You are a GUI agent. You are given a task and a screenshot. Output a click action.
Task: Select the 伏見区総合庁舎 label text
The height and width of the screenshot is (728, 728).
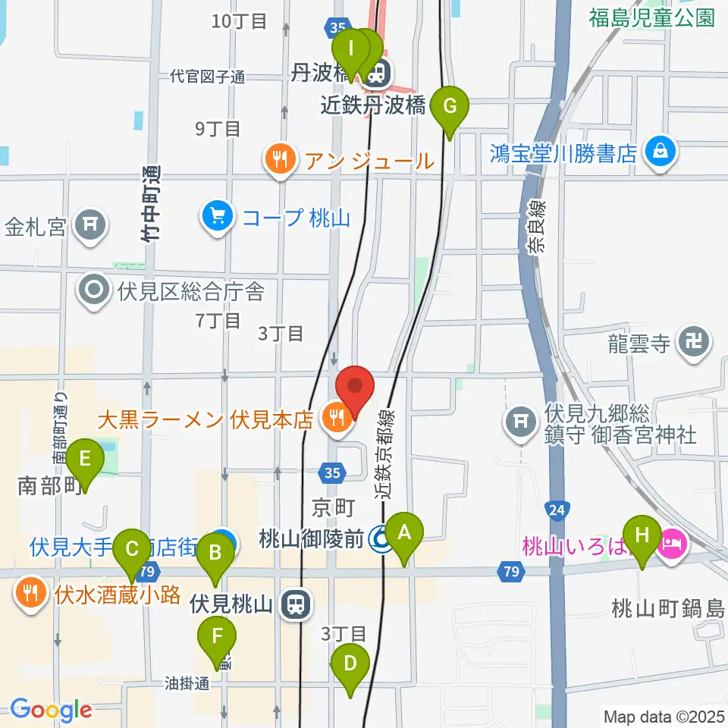190,290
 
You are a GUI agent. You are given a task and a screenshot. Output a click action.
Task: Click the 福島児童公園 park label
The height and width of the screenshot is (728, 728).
652,17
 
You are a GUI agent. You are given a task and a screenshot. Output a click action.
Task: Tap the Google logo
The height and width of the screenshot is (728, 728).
51,710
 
